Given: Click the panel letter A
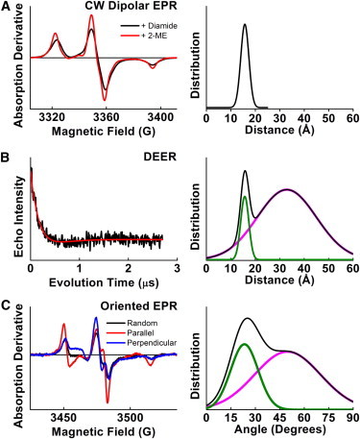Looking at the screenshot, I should point(6,8).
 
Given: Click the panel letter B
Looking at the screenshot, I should point(6,155).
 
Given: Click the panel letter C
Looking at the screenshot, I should point(6,302).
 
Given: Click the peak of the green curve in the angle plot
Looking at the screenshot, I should point(244,345).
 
